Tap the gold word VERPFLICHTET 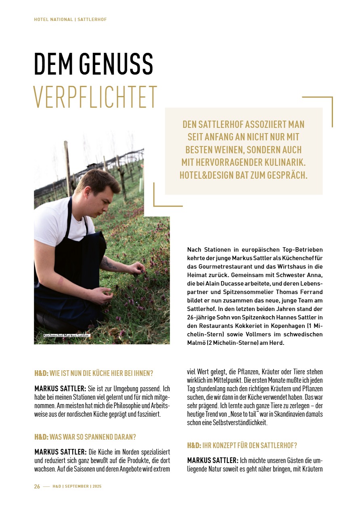point(95,97)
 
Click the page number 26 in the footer point(37,486)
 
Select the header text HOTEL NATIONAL point(53,19)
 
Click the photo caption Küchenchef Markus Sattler point(66,336)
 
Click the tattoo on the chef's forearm point(108,264)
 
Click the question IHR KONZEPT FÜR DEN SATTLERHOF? point(249,446)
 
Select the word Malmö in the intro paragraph point(199,343)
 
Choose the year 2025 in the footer point(97,486)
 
